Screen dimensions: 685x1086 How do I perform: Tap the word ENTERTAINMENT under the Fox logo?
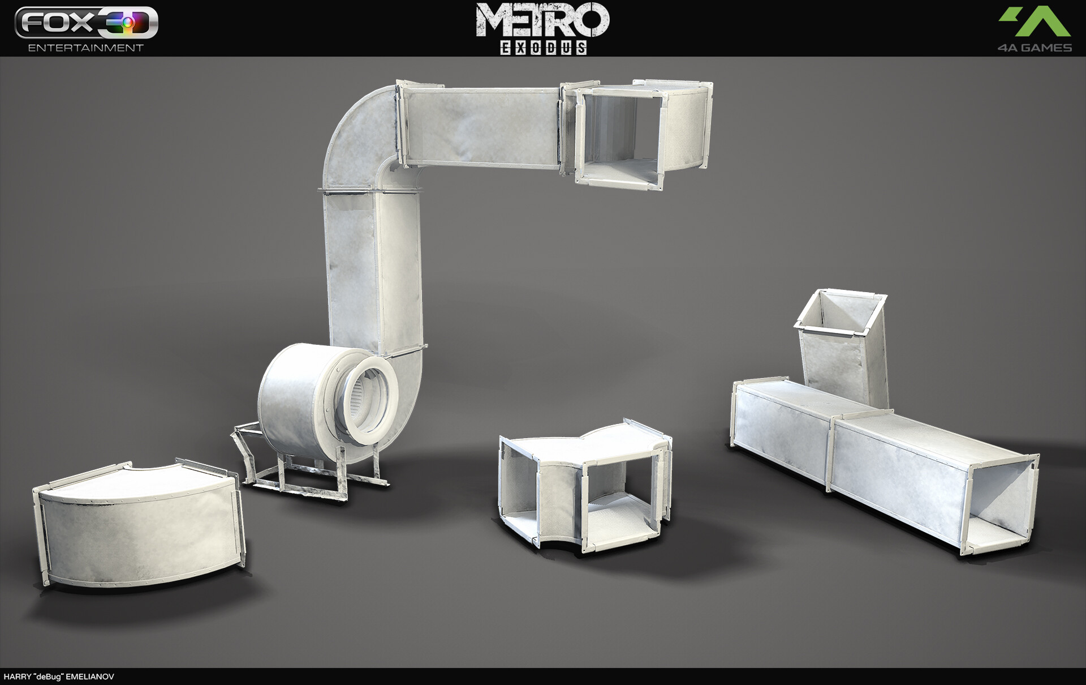coord(86,48)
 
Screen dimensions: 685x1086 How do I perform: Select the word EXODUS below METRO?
coord(542,48)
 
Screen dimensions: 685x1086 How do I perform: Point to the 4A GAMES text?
coord(1034,48)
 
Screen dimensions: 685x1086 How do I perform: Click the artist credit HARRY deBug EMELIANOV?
coord(59,677)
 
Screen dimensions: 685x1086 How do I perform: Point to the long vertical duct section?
coord(373,272)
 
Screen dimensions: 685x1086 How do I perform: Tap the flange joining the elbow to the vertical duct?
coord(370,191)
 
